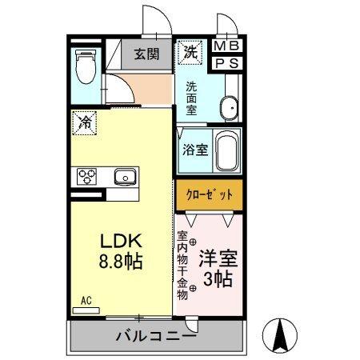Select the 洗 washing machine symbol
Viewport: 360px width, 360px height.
[x=190, y=53]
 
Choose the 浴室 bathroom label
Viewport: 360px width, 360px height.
[x=194, y=149]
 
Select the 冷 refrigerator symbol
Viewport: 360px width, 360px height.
[x=86, y=122]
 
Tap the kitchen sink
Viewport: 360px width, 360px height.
[x=126, y=176]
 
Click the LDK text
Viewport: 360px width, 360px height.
[x=122, y=240]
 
